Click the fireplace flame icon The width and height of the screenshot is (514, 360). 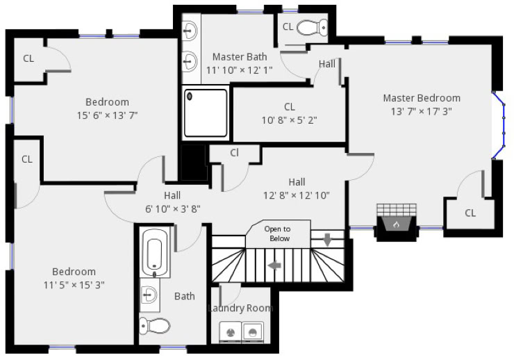[x=397, y=224]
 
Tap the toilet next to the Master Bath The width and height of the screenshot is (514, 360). [x=312, y=27]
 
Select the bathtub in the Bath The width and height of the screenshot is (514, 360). [x=154, y=252]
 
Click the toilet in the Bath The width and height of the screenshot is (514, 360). [x=155, y=325]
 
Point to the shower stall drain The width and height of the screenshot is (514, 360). [x=190, y=97]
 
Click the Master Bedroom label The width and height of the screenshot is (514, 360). [x=422, y=98]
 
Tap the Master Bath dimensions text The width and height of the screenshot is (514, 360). [x=240, y=70]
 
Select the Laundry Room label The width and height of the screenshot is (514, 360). [x=240, y=308]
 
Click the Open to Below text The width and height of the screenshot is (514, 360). [x=278, y=234]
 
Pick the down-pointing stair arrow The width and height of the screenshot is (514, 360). [x=327, y=240]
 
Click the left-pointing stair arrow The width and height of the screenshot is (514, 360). [x=274, y=265]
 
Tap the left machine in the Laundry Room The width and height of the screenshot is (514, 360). [x=231, y=332]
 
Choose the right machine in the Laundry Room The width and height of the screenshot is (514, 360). [x=252, y=332]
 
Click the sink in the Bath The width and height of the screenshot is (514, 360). [x=149, y=295]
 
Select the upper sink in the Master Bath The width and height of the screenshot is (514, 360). [x=190, y=31]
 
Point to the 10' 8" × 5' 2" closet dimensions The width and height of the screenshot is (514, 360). [x=289, y=120]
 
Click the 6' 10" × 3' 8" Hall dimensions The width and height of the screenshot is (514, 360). [x=173, y=209]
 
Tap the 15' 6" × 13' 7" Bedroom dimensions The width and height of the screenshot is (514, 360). [x=107, y=115]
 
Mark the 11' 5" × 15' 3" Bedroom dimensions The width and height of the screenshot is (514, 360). [x=74, y=285]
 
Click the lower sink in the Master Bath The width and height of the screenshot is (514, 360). [x=190, y=61]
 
